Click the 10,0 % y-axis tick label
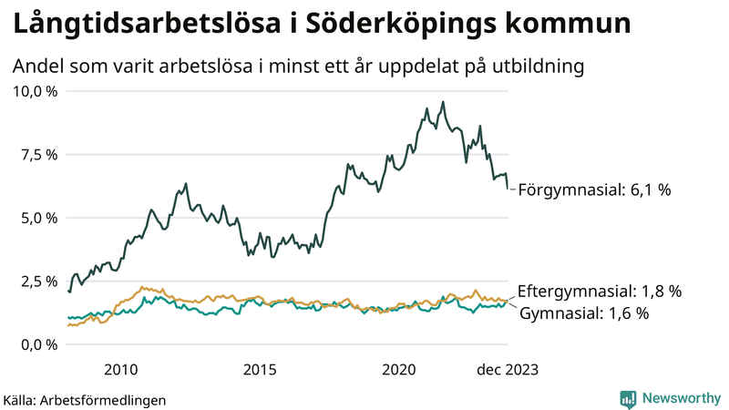(x=35, y=91)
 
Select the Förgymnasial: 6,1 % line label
(x=594, y=190)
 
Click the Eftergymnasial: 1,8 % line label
(x=599, y=292)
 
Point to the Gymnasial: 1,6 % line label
(x=584, y=313)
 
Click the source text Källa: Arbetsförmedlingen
(x=85, y=399)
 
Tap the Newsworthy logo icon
(x=628, y=398)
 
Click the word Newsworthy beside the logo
(x=682, y=398)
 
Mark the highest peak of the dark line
(x=443, y=102)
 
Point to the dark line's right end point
(x=508, y=188)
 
